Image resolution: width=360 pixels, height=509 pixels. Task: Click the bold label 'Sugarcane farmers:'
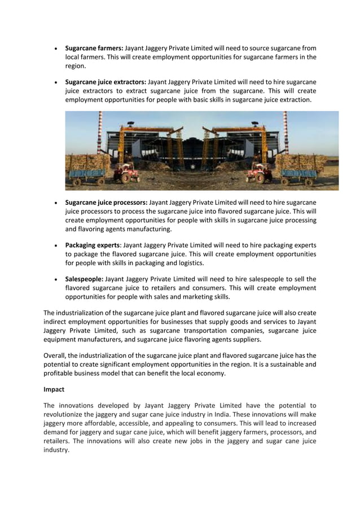[x=94, y=48]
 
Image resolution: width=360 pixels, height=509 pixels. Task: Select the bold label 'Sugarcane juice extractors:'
[x=106, y=82]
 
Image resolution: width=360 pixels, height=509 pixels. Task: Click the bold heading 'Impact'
[x=54, y=389]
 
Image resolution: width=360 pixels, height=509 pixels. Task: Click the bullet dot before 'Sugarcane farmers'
[x=54, y=49]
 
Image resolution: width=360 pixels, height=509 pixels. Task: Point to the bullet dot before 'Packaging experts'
[x=54, y=245]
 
